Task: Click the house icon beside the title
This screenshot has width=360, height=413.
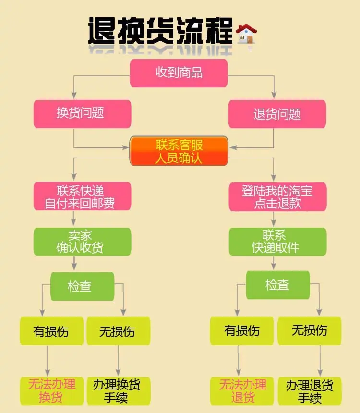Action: [246, 34]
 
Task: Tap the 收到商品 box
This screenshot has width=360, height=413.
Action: [179, 73]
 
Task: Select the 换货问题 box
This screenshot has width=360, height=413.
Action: [83, 114]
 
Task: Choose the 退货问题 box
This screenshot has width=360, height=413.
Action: [277, 114]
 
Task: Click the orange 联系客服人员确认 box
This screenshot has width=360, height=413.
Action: [179, 151]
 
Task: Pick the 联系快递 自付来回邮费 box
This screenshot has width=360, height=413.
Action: [83, 196]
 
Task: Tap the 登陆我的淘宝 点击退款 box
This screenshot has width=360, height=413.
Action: [277, 197]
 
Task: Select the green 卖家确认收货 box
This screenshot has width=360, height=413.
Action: [83, 242]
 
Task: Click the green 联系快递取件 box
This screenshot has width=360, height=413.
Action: [277, 242]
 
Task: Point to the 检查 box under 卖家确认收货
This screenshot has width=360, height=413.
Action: [83, 286]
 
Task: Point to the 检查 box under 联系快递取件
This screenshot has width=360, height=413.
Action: [278, 285]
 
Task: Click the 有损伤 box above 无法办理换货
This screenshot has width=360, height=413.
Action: [52, 331]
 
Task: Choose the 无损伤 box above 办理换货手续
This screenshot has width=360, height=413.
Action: [119, 331]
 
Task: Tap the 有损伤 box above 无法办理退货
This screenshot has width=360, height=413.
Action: [242, 331]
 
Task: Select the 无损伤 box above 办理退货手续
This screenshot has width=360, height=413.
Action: [310, 331]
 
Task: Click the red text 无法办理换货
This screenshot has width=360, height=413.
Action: [52, 391]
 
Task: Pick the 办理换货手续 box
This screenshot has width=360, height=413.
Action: [119, 391]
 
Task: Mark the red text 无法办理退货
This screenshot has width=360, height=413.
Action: [243, 391]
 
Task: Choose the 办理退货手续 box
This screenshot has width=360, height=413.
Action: [310, 391]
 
